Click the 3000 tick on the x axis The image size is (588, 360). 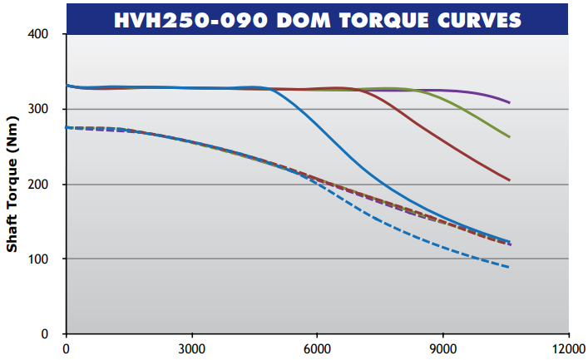[192, 348]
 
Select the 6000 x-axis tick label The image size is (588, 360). [318, 348]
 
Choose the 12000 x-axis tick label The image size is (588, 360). [568, 348]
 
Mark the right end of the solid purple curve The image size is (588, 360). [510, 102]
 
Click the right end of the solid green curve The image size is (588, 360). [510, 136]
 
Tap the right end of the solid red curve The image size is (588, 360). [510, 180]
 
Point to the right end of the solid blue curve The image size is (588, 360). [510, 242]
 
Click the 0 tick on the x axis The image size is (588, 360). [67, 348]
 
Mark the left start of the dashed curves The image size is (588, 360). [67, 127]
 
